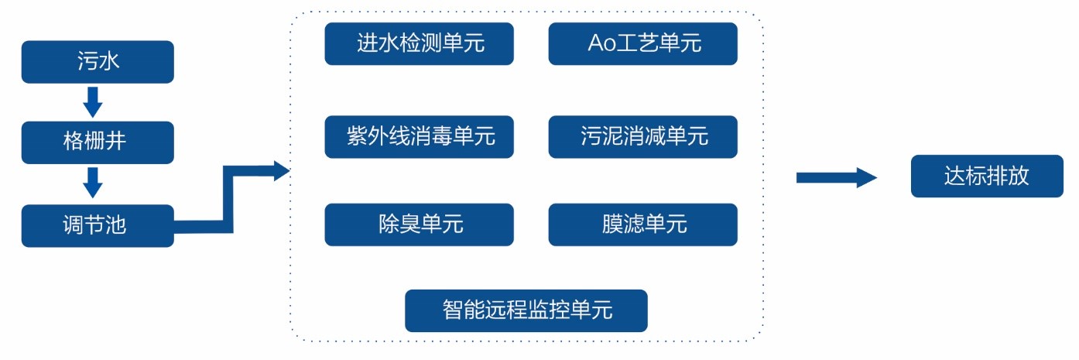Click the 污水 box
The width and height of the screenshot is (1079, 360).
click(x=98, y=62)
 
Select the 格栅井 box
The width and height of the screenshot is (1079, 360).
click(x=98, y=142)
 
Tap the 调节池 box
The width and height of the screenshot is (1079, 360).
click(x=98, y=225)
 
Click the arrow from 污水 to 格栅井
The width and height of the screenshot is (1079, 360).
click(x=93, y=102)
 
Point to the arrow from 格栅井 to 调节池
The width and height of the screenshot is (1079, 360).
click(x=93, y=183)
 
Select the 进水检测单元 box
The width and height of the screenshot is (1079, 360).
click(x=419, y=44)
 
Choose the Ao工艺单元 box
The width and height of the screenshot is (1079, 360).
click(x=643, y=44)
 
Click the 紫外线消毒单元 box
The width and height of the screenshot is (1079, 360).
click(x=419, y=137)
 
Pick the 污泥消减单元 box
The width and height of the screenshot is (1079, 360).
click(x=643, y=137)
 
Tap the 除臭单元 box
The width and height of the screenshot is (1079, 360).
click(x=419, y=225)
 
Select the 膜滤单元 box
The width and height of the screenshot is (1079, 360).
click(x=643, y=225)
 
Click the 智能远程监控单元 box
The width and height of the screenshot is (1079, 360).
click(x=526, y=310)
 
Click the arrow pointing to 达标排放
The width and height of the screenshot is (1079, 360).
click(x=836, y=178)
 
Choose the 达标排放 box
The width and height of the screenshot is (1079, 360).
click(x=987, y=176)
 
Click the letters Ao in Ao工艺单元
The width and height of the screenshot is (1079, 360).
click(x=602, y=43)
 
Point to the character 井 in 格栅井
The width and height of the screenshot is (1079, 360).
click(x=115, y=141)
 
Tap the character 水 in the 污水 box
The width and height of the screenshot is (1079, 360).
click(x=109, y=60)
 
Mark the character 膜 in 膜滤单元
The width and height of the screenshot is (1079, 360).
click(x=613, y=224)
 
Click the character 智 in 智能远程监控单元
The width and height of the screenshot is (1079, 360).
click(x=454, y=310)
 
